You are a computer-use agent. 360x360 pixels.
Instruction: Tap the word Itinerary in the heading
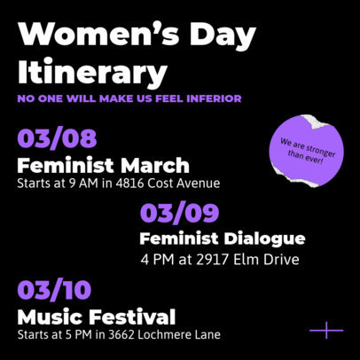point(92,72)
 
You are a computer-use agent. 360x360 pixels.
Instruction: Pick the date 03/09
point(179,214)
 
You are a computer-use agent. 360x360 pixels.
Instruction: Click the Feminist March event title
point(103,166)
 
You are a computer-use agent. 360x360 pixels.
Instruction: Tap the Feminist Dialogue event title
point(223,239)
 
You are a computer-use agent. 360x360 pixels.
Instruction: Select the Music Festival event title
point(97,317)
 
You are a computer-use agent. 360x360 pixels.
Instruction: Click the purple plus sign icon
point(325,331)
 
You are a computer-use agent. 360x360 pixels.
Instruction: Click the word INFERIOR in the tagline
point(213,98)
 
